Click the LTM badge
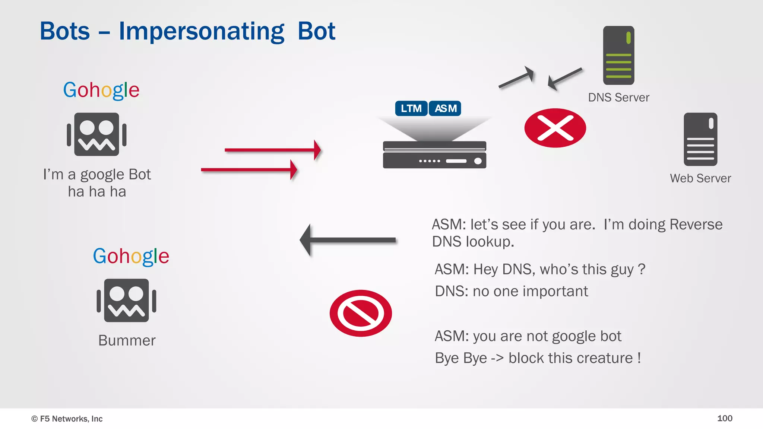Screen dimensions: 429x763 (411, 108)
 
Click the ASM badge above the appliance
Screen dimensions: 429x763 (445, 108)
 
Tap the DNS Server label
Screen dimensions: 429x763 (618, 98)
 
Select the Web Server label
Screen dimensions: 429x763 (700, 178)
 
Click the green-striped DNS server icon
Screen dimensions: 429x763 (618, 55)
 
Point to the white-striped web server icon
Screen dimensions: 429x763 (700, 139)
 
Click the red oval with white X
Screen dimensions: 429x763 (555, 128)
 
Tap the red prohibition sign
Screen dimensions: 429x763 (361, 313)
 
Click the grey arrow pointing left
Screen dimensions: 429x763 (348, 240)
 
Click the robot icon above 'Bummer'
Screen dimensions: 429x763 (126, 301)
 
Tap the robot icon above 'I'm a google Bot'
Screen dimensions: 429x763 (96, 134)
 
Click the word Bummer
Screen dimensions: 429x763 (127, 340)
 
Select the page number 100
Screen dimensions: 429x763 (725, 418)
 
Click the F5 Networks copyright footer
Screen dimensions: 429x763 (67, 419)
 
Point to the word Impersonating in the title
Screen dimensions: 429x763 (201, 31)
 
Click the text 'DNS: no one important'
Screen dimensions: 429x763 (511, 291)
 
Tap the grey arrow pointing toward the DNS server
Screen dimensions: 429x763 (516, 77)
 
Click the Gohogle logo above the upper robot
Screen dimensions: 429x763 (101, 90)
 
